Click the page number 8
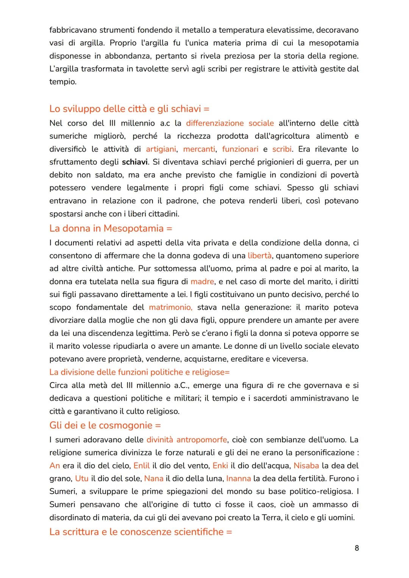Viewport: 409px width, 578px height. (x=356, y=548)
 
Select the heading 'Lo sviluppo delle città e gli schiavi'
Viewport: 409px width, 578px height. (x=129, y=109)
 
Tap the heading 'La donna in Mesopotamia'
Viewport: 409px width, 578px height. (x=111, y=228)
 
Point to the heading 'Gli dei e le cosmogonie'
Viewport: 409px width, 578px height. (x=105, y=425)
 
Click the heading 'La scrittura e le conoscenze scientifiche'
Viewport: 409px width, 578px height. (x=140, y=532)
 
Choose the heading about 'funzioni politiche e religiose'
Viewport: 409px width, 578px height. (x=139, y=372)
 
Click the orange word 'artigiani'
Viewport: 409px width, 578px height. (x=161, y=149)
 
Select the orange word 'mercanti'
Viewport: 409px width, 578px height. (x=199, y=149)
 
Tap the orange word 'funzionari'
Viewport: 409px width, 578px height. (x=240, y=149)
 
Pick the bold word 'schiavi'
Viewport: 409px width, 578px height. (x=135, y=162)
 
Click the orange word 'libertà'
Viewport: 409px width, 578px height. (x=259, y=255)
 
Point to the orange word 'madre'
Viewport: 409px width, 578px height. (x=202, y=282)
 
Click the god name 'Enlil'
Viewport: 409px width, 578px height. (x=142, y=465)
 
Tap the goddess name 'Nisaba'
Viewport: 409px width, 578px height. (x=306, y=465)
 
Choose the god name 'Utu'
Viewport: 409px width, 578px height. (x=82, y=478)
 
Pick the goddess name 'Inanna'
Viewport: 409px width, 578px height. (x=239, y=478)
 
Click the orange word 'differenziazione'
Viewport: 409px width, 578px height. (x=215, y=123)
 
